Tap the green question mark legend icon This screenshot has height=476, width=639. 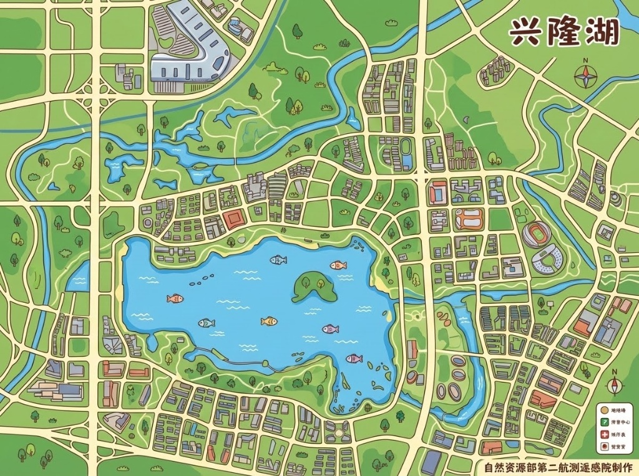(603, 422)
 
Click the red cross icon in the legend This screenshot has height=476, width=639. (603, 434)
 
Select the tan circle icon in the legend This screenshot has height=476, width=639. (603, 409)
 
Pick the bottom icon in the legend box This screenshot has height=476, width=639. (603, 447)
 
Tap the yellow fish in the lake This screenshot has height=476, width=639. (269, 321)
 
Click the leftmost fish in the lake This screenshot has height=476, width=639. (175, 298)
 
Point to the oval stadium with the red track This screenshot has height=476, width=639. (538, 235)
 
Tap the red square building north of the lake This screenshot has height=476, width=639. (235, 219)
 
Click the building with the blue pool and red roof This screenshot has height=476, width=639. (437, 193)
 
